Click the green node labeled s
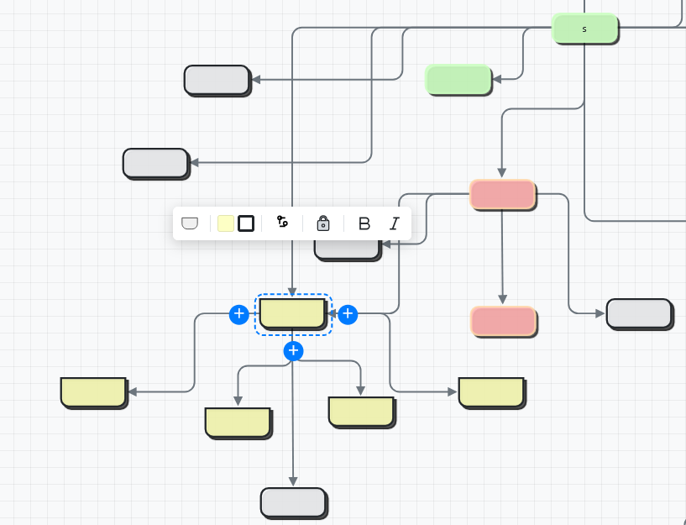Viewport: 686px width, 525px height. pos(584,29)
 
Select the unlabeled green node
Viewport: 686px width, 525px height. pos(458,80)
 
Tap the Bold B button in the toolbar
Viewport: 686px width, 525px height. pos(364,223)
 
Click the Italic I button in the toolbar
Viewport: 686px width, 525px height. pos(394,223)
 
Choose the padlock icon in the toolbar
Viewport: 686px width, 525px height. pos(323,223)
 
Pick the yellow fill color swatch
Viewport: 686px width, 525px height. pos(225,223)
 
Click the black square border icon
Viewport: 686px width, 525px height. pos(246,223)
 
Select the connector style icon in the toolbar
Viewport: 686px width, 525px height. pos(282,223)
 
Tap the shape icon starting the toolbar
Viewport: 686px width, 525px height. pos(190,223)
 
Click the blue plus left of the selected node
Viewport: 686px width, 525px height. pos(239,314)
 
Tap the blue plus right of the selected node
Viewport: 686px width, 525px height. pos(348,314)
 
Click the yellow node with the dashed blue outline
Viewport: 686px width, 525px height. pos(292,313)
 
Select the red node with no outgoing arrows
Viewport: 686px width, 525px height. pos(503,321)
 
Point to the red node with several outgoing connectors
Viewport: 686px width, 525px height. pos(502,194)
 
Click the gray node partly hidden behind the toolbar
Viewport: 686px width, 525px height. pos(347,249)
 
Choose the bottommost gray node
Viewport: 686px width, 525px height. pos(293,502)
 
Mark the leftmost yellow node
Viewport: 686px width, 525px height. pos(93,391)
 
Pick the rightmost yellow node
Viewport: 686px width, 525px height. pos(491,392)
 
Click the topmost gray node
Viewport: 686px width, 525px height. pos(217,80)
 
